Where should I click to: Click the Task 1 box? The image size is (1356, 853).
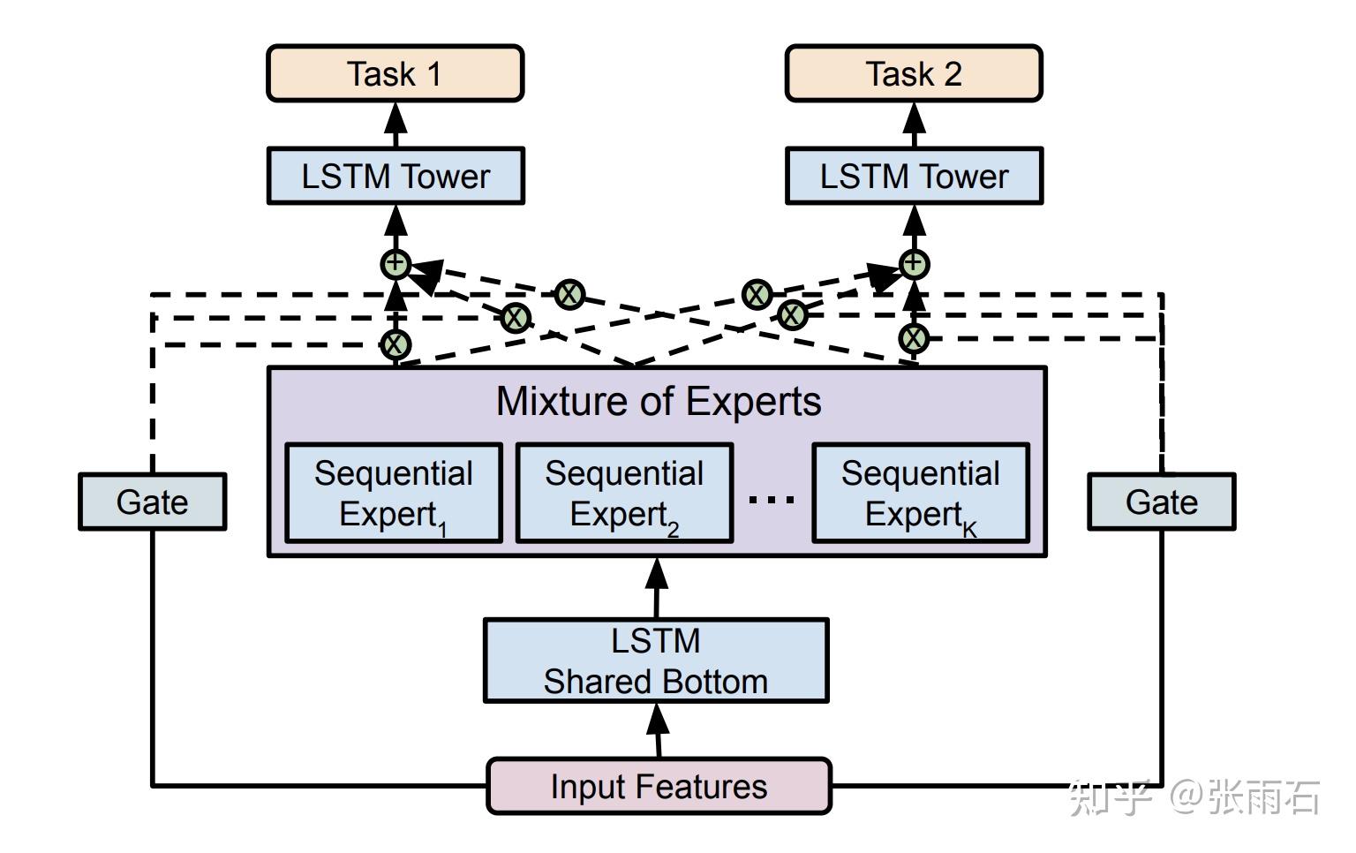click(x=395, y=74)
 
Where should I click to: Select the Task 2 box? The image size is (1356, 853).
click(x=914, y=74)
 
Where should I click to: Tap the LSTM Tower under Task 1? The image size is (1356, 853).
click(x=395, y=177)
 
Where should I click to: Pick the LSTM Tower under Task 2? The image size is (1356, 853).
click(x=914, y=177)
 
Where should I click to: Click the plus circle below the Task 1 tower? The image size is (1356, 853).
click(x=395, y=263)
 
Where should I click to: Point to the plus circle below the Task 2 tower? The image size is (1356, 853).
click(x=914, y=263)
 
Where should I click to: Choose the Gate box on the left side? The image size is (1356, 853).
click(x=152, y=502)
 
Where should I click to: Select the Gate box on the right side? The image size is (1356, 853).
click(x=1161, y=502)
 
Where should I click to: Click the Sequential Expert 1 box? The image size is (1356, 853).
click(x=394, y=493)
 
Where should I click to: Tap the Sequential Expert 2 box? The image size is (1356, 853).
click(x=624, y=493)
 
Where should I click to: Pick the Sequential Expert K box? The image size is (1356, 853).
click(x=921, y=493)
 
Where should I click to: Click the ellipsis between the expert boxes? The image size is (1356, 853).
click(x=772, y=500)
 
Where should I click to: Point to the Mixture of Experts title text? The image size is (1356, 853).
click(x=659, y=402)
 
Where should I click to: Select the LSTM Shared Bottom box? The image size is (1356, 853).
click(x=656, y=661)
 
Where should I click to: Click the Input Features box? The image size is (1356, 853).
click(x=659, y=786)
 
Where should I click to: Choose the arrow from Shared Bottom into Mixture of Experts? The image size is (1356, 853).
click(x=656, y=587)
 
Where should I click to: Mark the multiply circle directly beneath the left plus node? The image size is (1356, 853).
click(x=395, y=343)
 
